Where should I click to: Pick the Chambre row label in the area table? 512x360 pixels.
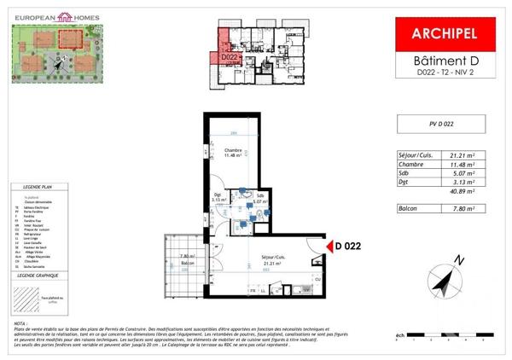(x=413, y=165)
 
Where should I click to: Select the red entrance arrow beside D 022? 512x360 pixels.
(x=324, y=247)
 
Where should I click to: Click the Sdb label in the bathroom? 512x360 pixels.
(x=259, y=195)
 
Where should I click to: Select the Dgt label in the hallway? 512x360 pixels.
(x=219, y=195)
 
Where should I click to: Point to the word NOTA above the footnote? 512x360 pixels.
(x=20, y=324)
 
